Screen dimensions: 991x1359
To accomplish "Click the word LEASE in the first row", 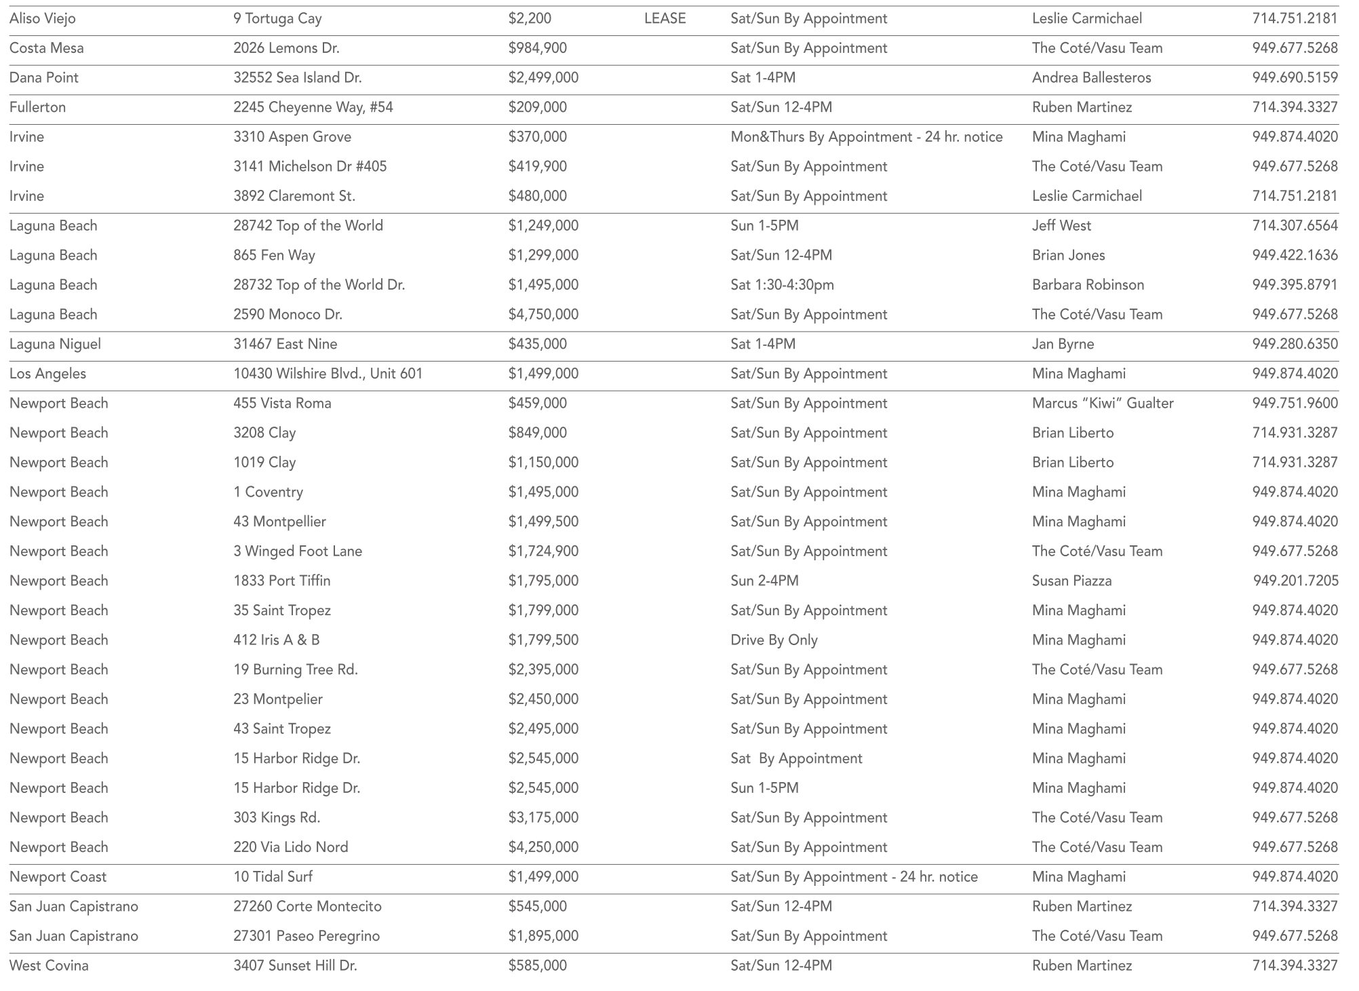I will coord(665,18).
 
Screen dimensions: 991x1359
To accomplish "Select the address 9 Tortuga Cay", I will coord(277,18).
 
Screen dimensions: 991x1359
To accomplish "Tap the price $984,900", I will coord(537,48).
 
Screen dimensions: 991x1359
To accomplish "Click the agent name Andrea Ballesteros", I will coord(1091,78).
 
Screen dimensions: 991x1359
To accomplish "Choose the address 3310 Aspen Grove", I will coord(292,137).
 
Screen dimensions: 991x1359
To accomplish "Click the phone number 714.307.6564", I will coord(1295,226).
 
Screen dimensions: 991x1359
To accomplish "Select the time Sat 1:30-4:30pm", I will coord(782,285).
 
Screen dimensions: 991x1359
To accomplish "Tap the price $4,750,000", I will coord(543,315).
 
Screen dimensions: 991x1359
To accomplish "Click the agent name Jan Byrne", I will coord(1063,344).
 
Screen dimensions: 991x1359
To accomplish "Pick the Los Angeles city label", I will coord(47,374).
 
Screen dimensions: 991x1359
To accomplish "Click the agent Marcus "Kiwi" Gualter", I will coord(1103,404).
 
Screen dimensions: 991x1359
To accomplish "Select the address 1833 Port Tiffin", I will coord(282,581).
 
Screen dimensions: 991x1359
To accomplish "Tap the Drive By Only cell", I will coord(774,640).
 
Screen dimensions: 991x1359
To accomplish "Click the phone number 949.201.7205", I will coord(1295,581).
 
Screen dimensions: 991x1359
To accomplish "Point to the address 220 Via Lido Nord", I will coord(290,847).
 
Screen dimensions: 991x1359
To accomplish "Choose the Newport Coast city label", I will coord(58,877).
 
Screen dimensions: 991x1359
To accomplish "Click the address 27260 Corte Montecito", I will coord(307,906).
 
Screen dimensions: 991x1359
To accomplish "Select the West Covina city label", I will coord(49,966).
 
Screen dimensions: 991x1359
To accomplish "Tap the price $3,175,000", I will coord(543,817).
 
